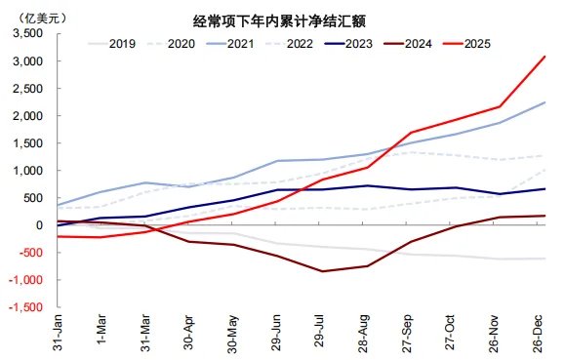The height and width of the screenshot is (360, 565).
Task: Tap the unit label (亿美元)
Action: tap(32, 18)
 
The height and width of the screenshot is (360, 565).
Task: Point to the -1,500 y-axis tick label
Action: tap(26, 307)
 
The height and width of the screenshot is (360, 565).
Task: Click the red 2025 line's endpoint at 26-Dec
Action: tap(545, 56)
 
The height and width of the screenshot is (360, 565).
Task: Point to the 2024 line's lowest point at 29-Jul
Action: tap(323, 271)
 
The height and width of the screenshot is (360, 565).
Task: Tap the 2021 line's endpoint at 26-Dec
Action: tap(545, 102)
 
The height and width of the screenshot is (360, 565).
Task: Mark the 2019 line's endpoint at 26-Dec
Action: tap(545, 259)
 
